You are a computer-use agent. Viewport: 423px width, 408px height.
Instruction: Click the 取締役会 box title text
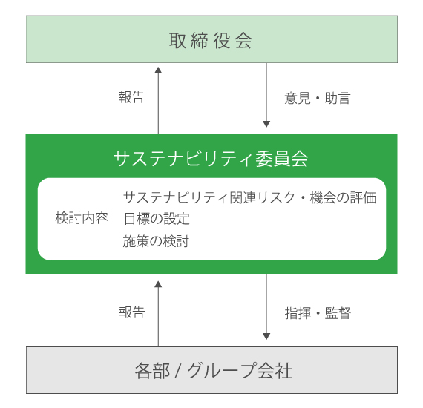coord(211,41)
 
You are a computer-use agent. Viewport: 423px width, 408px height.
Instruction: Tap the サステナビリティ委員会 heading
coord(211,159)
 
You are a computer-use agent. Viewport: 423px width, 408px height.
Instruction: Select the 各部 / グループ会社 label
coord(214,371)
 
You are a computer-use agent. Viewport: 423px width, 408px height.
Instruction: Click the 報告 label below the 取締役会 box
coord(131,97)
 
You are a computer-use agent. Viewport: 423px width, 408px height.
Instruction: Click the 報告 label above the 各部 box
coord(132,312)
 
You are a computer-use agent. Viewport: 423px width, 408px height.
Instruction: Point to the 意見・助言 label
coord(318,98)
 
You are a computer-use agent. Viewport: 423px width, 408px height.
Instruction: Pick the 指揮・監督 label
coord(318,313)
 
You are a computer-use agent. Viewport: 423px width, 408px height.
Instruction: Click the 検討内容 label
coord(82,218)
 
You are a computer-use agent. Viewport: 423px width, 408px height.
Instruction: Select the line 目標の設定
coord(157,218)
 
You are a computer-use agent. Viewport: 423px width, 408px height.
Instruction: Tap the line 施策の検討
coord(156,241)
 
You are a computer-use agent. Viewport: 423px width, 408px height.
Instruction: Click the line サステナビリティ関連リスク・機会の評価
coord(250,197)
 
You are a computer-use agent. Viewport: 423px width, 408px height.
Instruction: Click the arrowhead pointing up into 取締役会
coord(158,70)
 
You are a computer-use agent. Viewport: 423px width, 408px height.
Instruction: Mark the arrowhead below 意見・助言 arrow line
coord(266,124)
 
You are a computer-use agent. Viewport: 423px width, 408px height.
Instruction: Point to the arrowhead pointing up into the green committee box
coord(158,284)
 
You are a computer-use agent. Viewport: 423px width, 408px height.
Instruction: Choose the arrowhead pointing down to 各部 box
coord(266,336)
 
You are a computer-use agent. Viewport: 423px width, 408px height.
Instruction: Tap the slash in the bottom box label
coord(178,371)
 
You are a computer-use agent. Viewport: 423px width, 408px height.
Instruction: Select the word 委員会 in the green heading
coord(282,159)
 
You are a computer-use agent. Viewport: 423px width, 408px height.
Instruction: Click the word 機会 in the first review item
coord(323,197)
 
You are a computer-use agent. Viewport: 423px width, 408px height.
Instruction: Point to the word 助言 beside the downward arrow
coord(338,98)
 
